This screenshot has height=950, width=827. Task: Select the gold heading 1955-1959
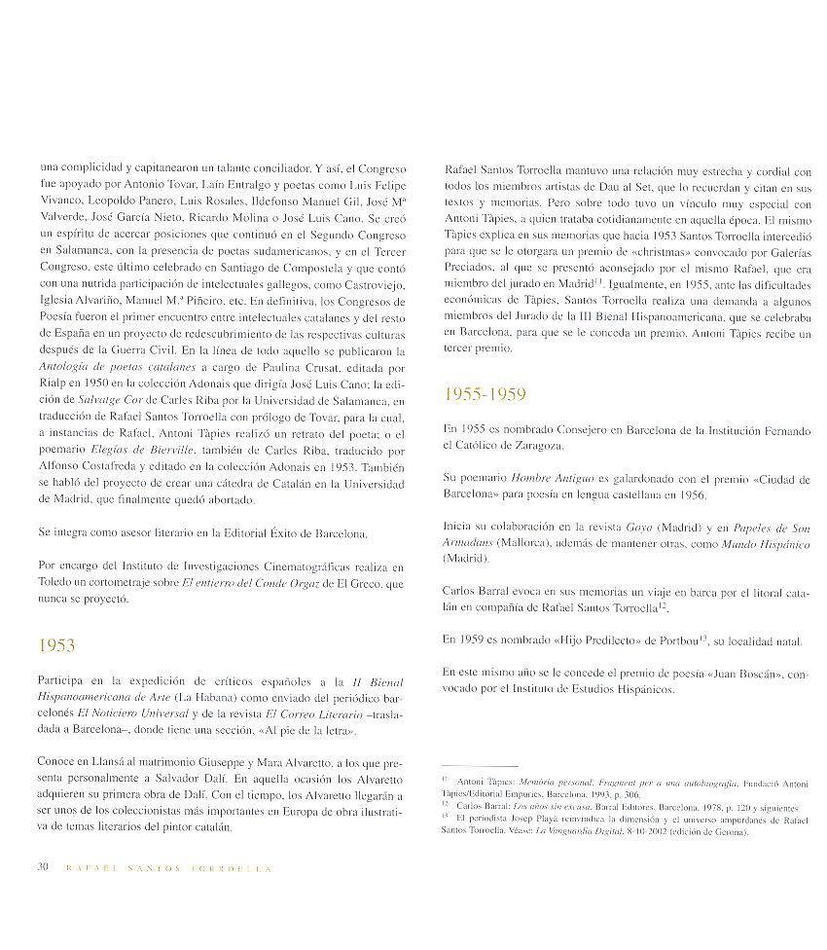point(485,394)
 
